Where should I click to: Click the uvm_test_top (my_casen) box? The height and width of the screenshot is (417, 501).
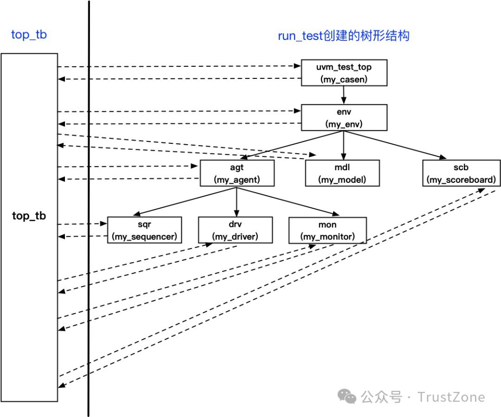[x=344, y=73]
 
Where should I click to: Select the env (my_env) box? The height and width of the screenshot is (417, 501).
[x=344, y=117]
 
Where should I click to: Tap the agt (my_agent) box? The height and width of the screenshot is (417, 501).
[x=237, y=173]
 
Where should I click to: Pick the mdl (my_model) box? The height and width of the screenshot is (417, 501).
[x=342, y=173]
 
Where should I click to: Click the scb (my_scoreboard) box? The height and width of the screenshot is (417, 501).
[x=461, y=173]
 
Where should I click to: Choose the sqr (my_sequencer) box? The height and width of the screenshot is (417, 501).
[x=144, y=230]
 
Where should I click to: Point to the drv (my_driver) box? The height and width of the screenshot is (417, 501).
[x=235, y=230]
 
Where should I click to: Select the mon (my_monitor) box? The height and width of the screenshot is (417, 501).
[x=327, y=230]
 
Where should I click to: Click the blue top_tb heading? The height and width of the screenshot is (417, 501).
[x=29, y=35]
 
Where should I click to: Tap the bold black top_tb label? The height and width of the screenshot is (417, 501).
[x=29, y=216]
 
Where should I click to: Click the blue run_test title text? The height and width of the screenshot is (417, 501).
[x=343, y=36]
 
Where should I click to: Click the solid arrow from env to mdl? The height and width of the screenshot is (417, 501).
[x=344, y=145]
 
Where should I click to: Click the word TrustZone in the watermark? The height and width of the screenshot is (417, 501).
[x=451, y=398]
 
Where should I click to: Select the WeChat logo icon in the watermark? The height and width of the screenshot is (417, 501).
[x=347, y=397]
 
